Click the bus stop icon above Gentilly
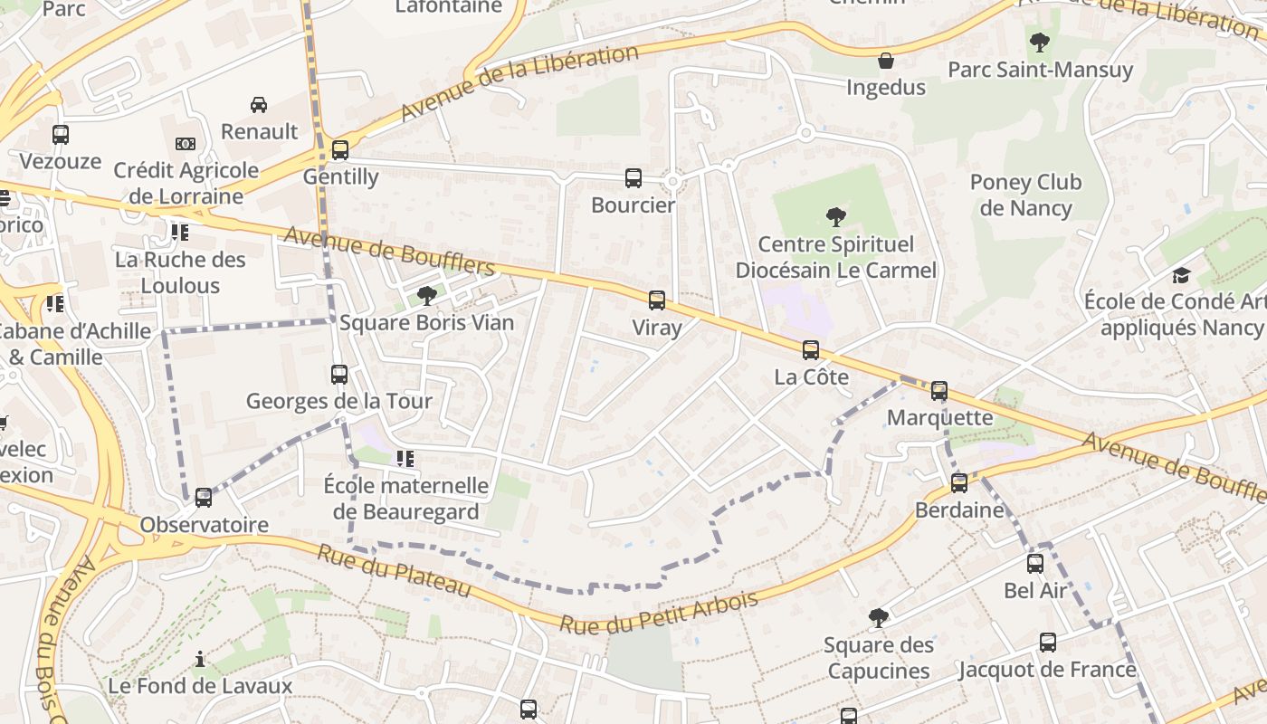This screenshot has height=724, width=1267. [x=340, y=150]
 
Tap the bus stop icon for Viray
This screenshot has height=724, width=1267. [x=657, y=300]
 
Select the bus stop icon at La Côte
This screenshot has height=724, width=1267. [x=811, y=350]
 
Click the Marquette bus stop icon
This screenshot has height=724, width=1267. [x=939, y=391]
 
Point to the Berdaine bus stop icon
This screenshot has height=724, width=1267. [x=959, y=483]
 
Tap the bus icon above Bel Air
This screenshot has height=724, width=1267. [x=1035, y=564]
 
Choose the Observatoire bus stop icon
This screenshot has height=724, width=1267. [x=204, y=498]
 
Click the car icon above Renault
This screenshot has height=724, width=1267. [x=259, y=105]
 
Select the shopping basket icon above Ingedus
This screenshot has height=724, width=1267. [x=886, y=61]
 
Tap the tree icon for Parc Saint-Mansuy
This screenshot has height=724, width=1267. [x=1040, y=42]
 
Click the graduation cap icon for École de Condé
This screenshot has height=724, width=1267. [x=1181, y=275]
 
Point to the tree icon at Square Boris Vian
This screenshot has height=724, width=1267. [x=426, y=296]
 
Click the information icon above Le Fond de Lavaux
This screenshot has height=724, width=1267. [x=200, y=659]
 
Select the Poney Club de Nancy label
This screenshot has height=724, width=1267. [x=1025, y=195]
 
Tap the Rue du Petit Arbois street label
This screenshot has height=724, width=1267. [x=658, y=613]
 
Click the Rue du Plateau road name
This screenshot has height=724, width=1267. [x=394, y=571]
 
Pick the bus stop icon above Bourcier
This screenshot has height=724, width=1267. [x=633, y=178]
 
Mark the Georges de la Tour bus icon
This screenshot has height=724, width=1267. [x=339, y=374]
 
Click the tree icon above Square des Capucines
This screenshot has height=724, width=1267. [x=878, y=618]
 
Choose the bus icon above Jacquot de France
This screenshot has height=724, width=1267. [x=1048, y=643]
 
